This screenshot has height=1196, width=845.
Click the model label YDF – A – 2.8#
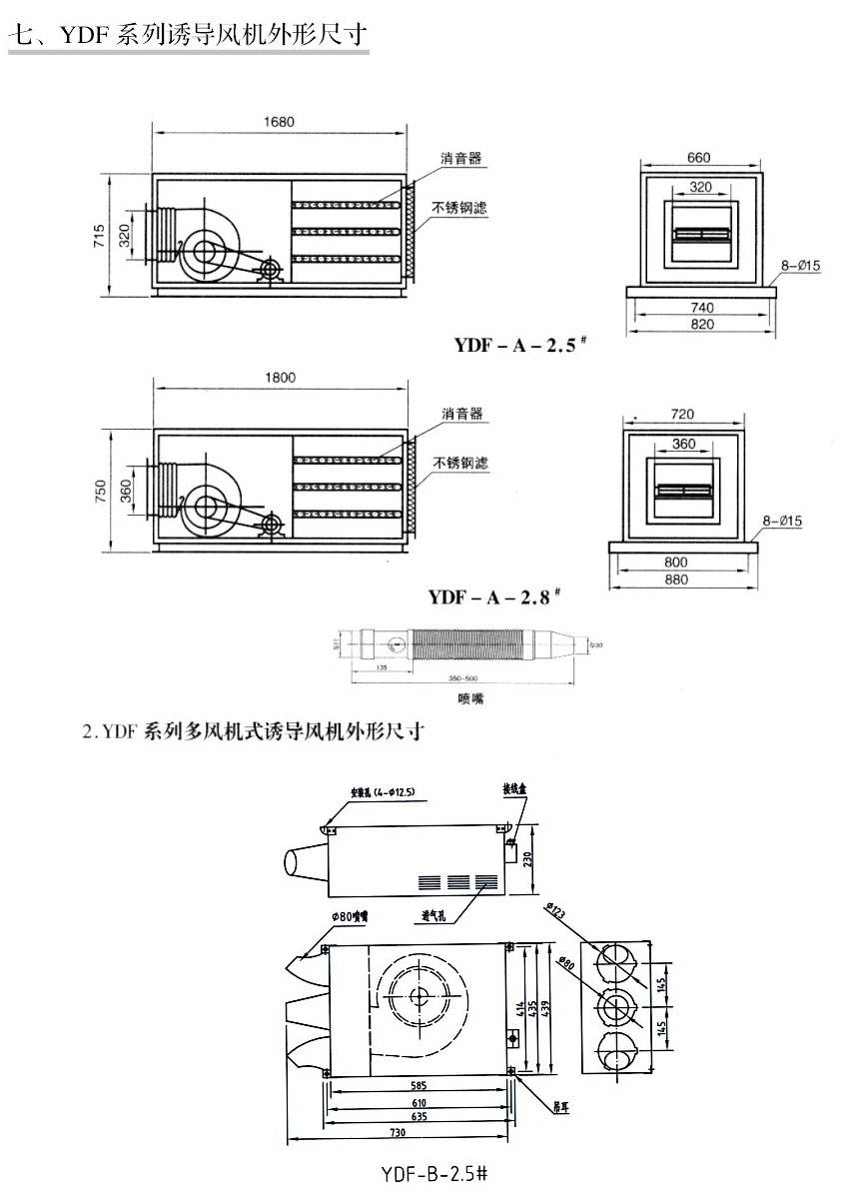pos(494,598)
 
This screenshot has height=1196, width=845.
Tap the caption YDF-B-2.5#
pos(434,1170)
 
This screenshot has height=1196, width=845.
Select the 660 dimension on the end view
pos(699,157)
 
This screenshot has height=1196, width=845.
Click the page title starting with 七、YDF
pos(190,36)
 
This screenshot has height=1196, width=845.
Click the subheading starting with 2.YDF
pos(255,731)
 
